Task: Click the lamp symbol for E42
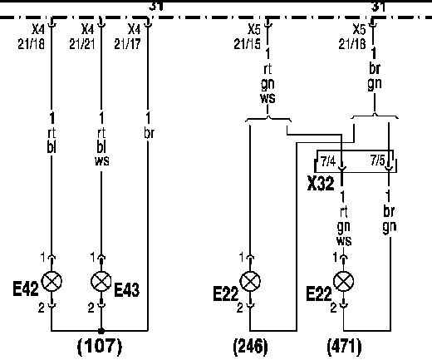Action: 52,281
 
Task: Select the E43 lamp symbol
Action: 101,281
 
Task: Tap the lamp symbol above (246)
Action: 250,281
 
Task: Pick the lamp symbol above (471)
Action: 343,281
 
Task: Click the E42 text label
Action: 26,288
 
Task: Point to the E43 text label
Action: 127,289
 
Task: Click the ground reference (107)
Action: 100,347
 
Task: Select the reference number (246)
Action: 251,347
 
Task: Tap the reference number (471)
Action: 344,347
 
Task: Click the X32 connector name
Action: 321,184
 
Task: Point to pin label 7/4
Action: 328,161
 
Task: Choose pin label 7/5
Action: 378,160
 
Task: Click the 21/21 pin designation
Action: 82,44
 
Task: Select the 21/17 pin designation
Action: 127,44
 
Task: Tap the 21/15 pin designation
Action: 247,44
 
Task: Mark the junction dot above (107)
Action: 101,331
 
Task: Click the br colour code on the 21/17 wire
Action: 149,133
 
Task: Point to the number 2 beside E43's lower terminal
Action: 91,308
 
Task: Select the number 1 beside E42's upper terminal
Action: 42,258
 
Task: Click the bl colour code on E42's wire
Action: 52,147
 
